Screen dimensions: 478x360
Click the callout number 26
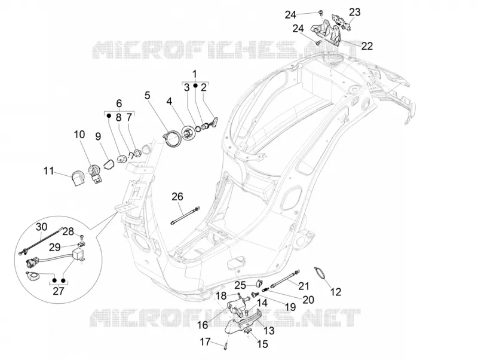(x=177, y=197)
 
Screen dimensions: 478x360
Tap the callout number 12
(x=336, y=292)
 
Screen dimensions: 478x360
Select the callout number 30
(x=42, y=227)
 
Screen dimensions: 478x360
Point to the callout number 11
(x=48, y=171)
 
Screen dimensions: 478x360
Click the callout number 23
(x=354, y=12)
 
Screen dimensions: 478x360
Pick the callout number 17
(x=205, y=341)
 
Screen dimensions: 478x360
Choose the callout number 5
(x=148, y=96)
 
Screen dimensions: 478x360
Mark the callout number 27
(x=58, y=291)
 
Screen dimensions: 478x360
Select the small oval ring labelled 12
(x=320, y=272)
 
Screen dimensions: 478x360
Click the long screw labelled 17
(x=226, y=344)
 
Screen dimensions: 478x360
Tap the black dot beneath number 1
(x=195, y=87)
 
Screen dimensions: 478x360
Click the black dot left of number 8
(x=109, y=115)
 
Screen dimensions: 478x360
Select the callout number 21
(x=304, y=286)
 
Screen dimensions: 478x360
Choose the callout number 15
(x=262, y=344)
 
